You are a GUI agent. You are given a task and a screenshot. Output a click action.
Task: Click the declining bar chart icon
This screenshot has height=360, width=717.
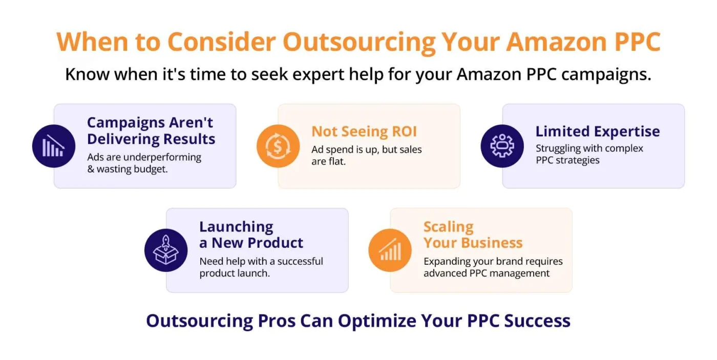click(53, 146)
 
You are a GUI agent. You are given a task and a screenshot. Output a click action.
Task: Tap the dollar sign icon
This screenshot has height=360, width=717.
click(278, 146)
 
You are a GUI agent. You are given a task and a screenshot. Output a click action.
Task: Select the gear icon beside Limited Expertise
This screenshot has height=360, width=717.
click(502, 146)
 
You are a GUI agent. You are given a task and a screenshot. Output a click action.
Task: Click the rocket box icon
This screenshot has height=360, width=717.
click(166, 250)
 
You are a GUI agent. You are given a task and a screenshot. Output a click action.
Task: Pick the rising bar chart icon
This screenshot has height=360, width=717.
click(390, 250)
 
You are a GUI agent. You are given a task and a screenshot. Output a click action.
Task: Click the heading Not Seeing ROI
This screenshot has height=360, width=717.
click(364, 132)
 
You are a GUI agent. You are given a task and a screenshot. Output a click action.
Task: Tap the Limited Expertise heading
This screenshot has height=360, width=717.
click(597, 132)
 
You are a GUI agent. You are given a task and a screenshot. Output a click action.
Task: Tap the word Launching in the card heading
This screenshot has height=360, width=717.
click(236, 227)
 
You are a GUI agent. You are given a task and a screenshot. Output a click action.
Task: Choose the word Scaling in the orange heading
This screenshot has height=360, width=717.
click(448, 227)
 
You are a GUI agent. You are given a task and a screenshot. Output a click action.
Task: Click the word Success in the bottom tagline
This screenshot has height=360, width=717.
click(537, 321)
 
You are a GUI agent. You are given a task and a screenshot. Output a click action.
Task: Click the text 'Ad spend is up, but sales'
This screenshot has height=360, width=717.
click(366, 150)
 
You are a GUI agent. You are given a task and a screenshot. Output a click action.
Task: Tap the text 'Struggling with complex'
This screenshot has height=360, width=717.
click(589, 149)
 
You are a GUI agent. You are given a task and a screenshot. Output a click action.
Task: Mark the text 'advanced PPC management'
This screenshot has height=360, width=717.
click(487, 273)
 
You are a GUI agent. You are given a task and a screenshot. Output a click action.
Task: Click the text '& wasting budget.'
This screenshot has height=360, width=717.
click(128, 169)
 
